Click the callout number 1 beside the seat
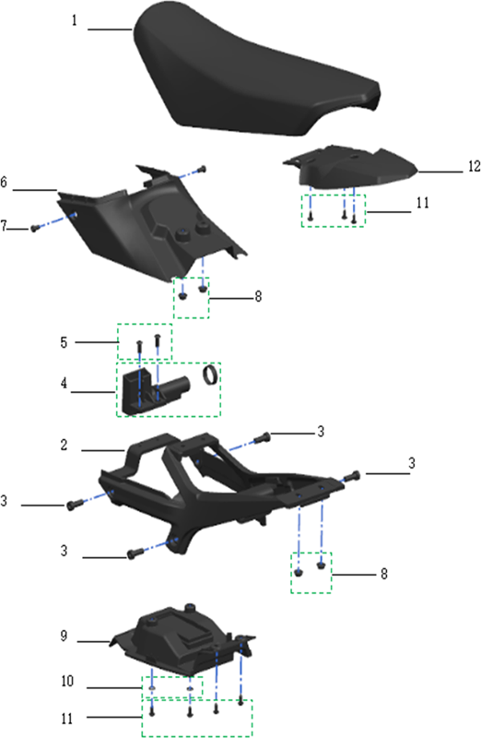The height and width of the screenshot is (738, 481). coord(74,20)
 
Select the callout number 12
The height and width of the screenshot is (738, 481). coord(474,166)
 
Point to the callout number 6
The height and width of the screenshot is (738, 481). coord(4,182)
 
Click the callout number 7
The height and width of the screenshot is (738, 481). coord(4,226)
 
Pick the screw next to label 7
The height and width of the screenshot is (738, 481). coord(34,228)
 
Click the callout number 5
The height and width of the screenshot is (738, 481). coord(64,342)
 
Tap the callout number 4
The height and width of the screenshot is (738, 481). coord(64,384)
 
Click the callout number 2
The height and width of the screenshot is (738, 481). coord(64,445)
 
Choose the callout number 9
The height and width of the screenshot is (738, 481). coord(64,636)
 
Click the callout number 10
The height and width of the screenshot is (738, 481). coord(67,681)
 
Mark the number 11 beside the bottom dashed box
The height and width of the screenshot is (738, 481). coord(67,719)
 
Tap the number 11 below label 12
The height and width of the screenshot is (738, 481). coord(423,202)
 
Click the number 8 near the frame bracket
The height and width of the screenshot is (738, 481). coord(384,574)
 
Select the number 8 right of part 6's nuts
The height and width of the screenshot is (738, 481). coord(258,296)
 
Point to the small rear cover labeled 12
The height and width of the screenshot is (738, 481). coord(350,167)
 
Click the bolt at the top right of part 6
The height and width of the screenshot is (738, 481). coord(202,169)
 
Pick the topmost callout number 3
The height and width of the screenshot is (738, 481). coord(321,432)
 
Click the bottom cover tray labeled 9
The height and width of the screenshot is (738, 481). coord(183,637)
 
